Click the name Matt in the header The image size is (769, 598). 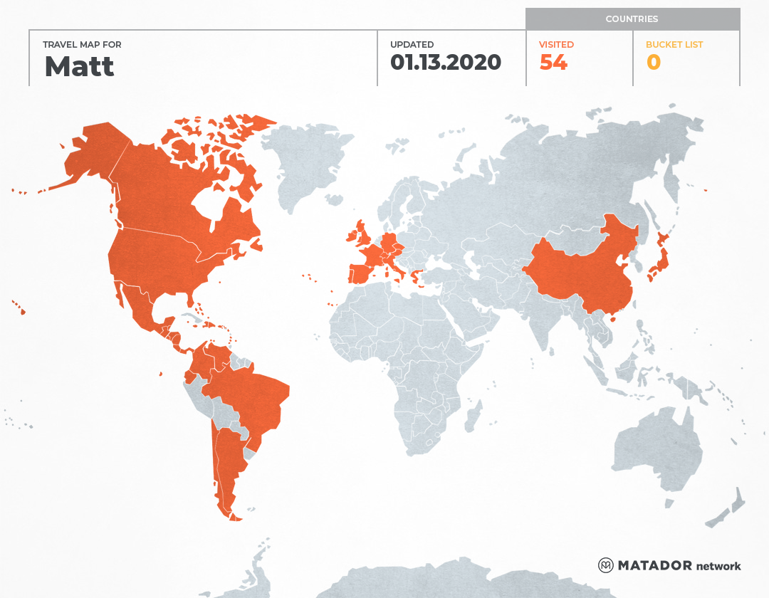(x=79, y=66)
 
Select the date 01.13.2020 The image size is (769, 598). (x=446, y=63)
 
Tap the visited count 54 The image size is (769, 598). (x=553, y=63)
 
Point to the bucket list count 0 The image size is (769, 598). (x=654, y=63)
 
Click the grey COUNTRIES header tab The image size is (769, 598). (x=632, y=19)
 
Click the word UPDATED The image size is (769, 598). (x=412, y=45)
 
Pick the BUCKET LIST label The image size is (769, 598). (x=674, y=45)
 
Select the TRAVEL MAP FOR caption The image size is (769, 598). (x=82, y=45)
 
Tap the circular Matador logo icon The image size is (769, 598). (x=606, y=565)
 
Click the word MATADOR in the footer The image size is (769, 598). (x=654, y=565)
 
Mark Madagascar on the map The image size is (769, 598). (x=472, y=416)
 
